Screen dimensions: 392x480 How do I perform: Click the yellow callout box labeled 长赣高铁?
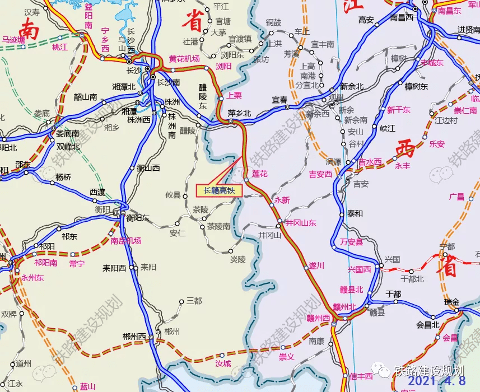coord(218,190)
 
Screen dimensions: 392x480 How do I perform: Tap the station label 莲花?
coord(261,174)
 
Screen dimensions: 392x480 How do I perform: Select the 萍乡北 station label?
coord(240,113)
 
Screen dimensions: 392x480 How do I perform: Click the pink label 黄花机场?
coord(184,59)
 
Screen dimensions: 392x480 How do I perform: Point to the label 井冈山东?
coord(301,222)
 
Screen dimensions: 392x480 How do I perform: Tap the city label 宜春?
coord(280,100)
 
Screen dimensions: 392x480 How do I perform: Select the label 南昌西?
coord(402,18)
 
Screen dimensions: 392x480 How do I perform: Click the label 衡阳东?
coord(138,218)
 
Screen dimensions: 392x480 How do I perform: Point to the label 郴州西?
coord(134,337)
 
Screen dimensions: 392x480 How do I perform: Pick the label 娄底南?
coord(68,134)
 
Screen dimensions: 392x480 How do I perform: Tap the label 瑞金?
coord(451,302)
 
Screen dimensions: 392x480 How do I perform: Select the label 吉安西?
coord(320,174)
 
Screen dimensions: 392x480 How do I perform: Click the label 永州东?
coord(32,277)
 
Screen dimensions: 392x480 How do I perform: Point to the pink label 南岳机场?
coord(125,241)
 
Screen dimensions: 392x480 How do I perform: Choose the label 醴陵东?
coord(203,97)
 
